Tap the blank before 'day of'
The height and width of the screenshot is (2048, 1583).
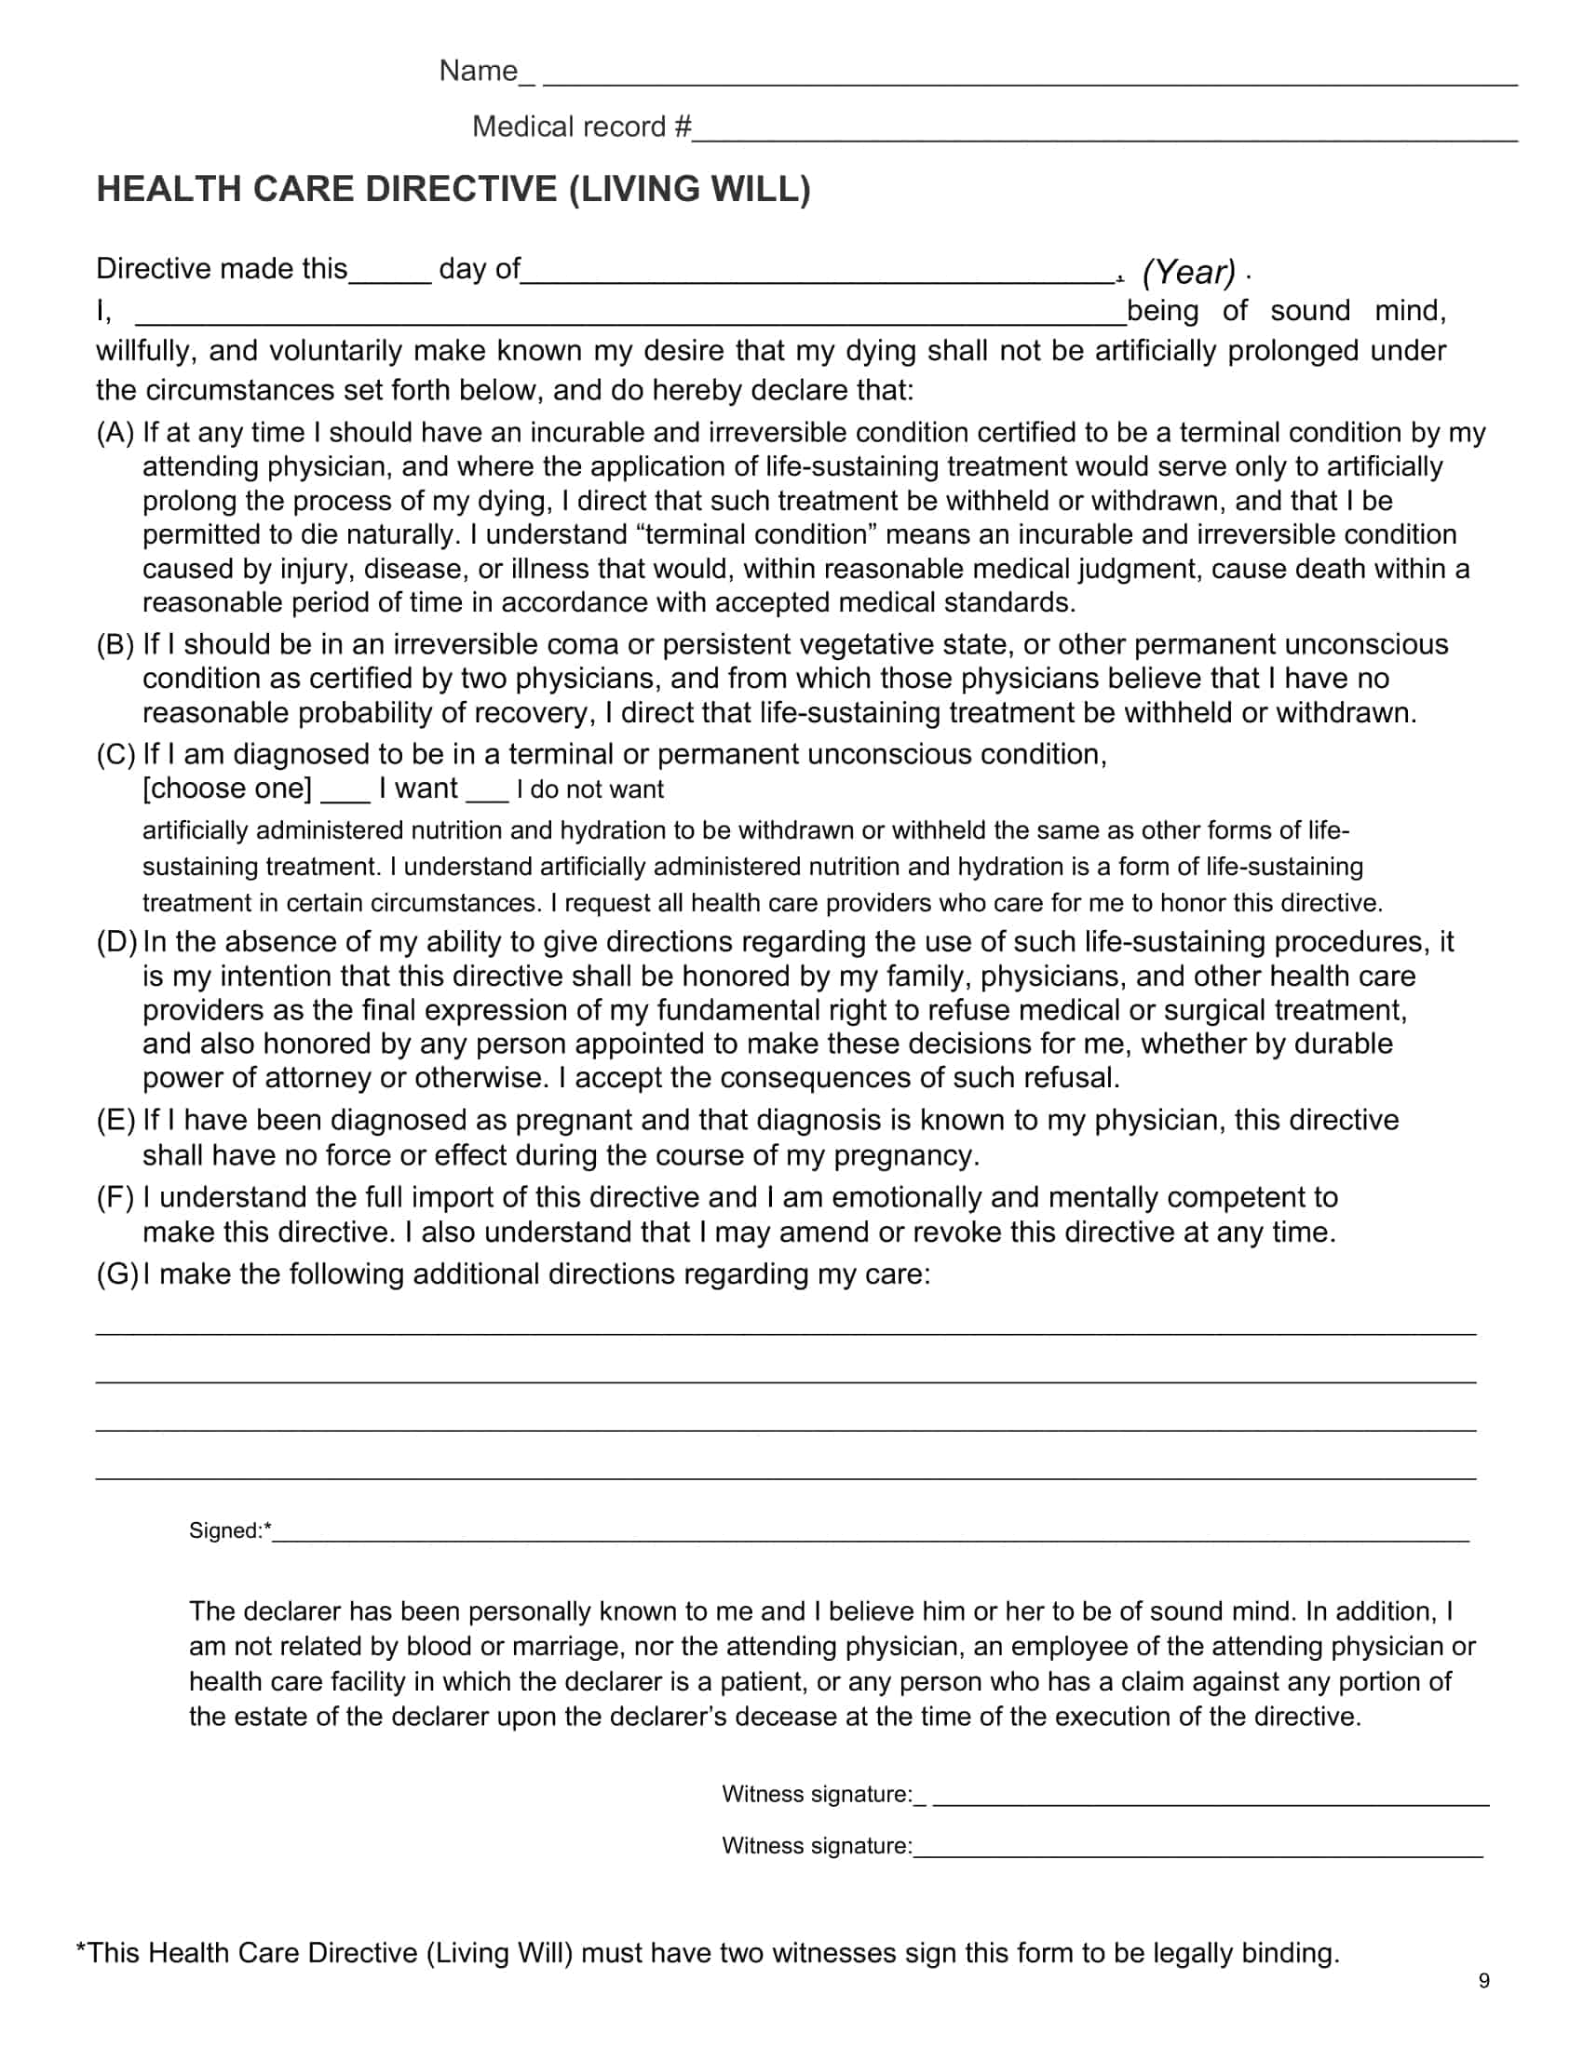(390, 277)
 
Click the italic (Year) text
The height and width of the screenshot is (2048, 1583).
(1188, 272)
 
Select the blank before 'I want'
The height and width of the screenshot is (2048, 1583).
(345, 797)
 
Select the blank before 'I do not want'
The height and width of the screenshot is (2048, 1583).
(487, 797)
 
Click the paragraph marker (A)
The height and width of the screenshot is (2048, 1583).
(116, 433)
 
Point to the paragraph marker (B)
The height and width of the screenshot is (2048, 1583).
(116, 645)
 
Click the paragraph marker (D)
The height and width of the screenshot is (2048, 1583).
(117, 942)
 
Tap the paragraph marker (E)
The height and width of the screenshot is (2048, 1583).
(116, 1121)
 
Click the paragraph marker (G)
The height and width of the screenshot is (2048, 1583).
(117, 1274)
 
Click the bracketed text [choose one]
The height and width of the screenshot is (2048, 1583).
(227, 788)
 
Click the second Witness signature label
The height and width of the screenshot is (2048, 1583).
(816, 1846)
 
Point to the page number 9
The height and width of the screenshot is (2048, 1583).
(1483, 1981)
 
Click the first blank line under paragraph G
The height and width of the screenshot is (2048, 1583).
(786, 1331)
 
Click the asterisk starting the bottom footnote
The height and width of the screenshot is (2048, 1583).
(82, 1948)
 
